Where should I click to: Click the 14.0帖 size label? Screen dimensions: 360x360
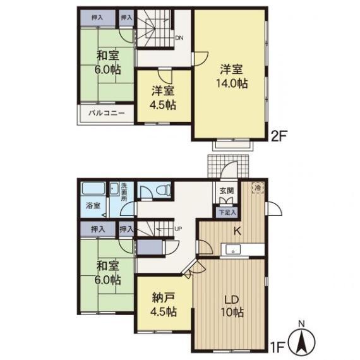point(232,83)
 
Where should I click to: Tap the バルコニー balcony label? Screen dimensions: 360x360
point(107,113)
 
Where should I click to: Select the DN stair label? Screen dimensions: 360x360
point(179,38)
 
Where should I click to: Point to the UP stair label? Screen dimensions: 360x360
point(178,229)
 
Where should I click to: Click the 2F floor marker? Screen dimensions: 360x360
point(279,136)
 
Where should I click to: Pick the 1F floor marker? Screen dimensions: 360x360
point(277,347)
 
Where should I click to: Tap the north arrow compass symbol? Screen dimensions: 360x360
point(302,340)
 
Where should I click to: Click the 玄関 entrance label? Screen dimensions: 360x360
point(227,190)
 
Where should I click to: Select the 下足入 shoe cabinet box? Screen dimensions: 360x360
point(227,212)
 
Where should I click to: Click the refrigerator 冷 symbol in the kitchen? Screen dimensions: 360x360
point(258,188)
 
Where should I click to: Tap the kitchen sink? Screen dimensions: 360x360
point(233,249)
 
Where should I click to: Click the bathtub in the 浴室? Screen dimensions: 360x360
point(93,188)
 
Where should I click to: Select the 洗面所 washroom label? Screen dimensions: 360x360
point(124,191)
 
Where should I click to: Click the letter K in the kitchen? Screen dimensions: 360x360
point(237,231)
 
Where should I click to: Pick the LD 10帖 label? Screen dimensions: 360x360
point(232,306)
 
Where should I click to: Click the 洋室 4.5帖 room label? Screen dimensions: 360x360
point(163,98)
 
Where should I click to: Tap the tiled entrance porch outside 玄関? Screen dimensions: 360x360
point(228,166)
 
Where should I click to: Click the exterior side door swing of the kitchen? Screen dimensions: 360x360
point(275,208)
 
